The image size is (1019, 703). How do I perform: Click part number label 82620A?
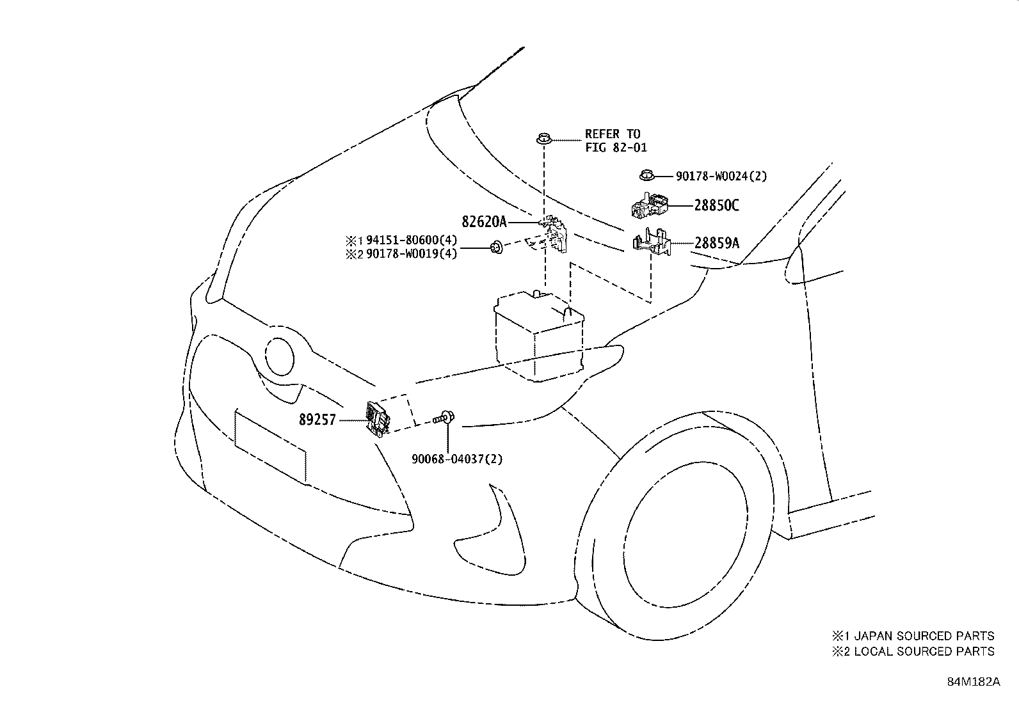pyautogui.click(x=484, y=222)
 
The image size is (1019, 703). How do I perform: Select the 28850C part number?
pyautogui.click(x=717, y=205)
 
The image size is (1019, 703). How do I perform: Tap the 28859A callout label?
pyautogui.click(x=717, y=243)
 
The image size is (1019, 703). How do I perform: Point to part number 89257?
pyautogui.click(x=317, y=420)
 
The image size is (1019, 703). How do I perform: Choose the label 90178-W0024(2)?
pyautogui.click(x=721, y=176)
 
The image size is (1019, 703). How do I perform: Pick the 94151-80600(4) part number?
pyautogui.click(x=412, y=241)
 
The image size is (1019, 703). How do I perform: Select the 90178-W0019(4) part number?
pyautogui.click(x=412, y=254)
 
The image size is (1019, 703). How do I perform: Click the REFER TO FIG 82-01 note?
pyautogui.click(x=615, y=141)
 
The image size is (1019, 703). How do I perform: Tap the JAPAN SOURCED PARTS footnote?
pyautogui.click(x=913, y=636)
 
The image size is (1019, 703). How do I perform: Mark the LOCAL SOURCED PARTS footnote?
pyautogui.click(x=913, y=651)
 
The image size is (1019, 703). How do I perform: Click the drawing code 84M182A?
pyautogui.click(x=974, y=681)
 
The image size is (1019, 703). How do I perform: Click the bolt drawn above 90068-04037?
pyautogui.click(x=444, y=418)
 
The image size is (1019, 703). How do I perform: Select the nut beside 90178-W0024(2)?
pyautogui.click(x=646, y=174)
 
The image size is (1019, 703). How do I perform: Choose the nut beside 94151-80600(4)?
pyautogui.click(x=495, y=246)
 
